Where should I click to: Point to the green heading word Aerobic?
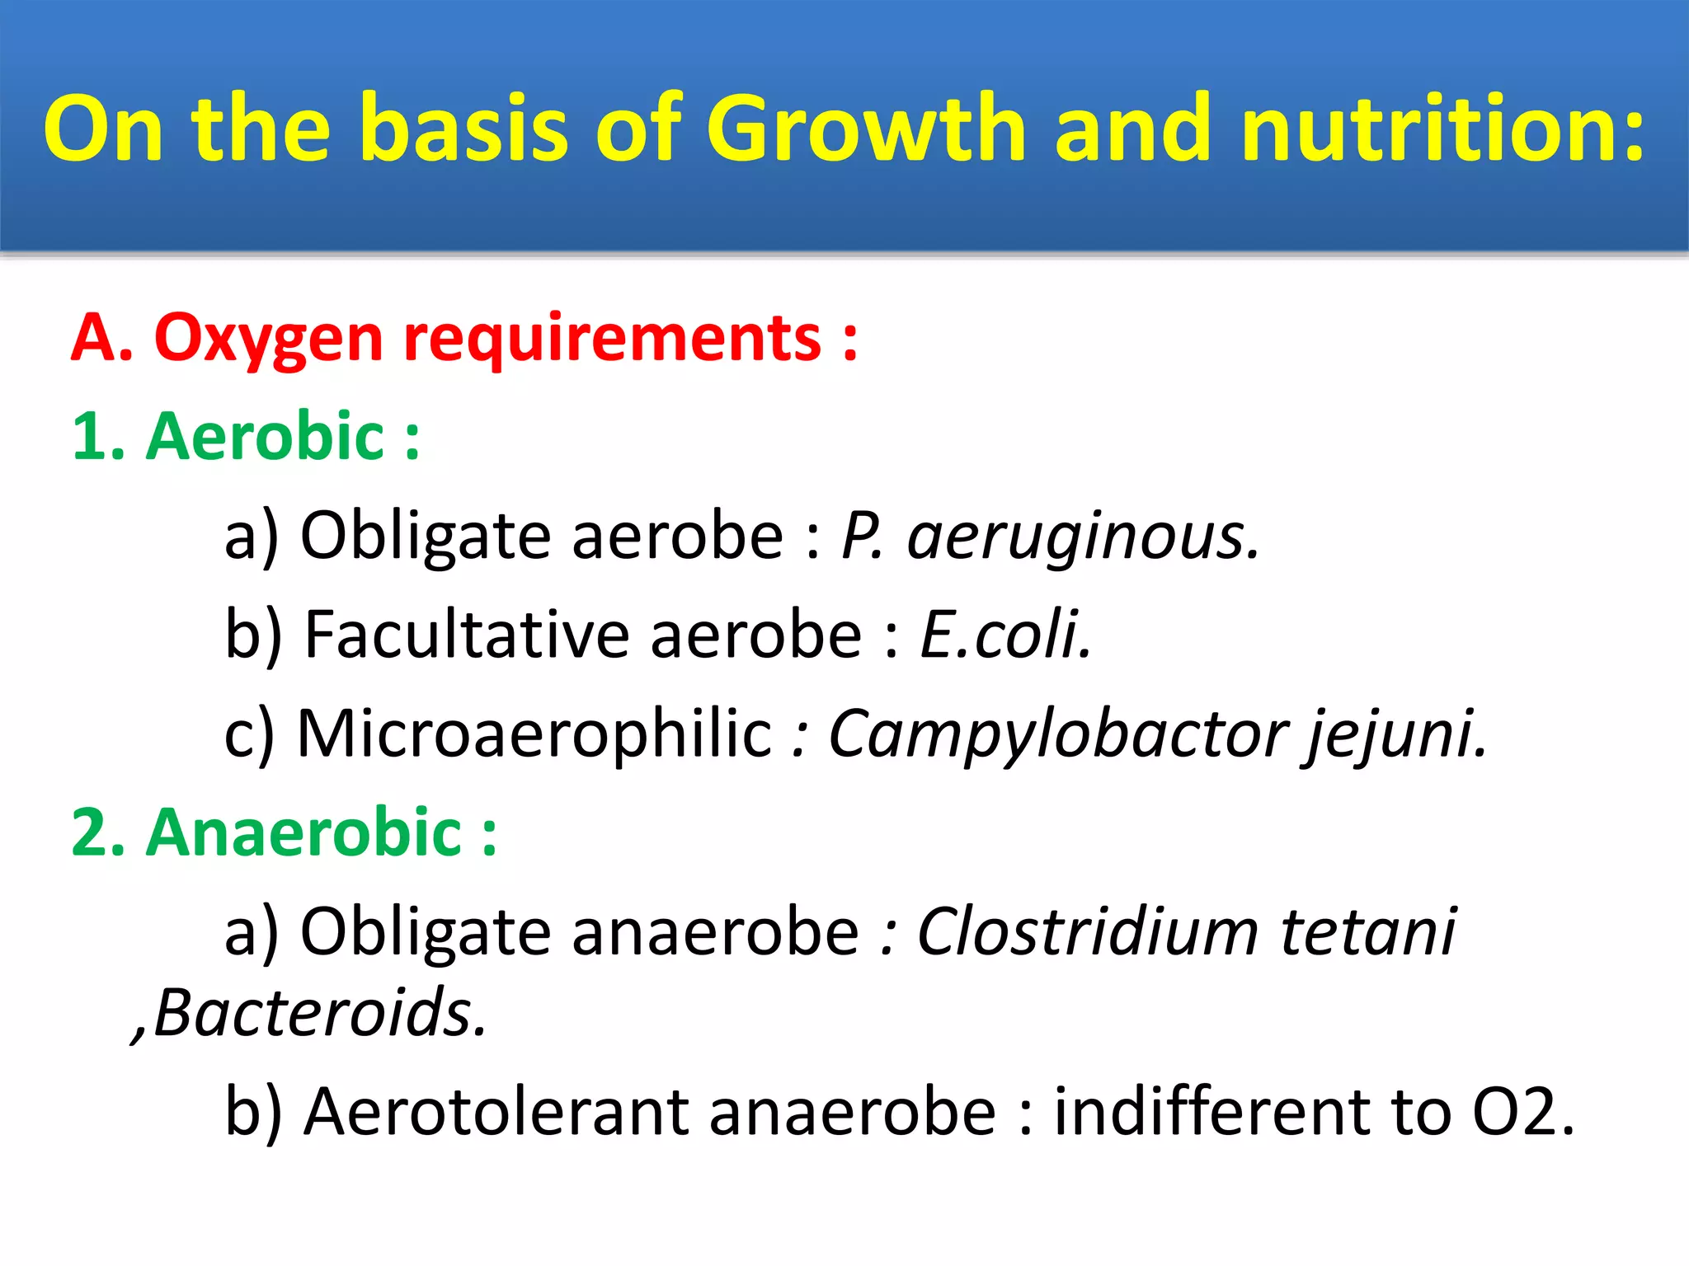pos(264,437)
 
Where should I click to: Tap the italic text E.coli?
pos(1005,635)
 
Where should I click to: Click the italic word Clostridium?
pos(1087,932)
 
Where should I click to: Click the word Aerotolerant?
pos(496,1112)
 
